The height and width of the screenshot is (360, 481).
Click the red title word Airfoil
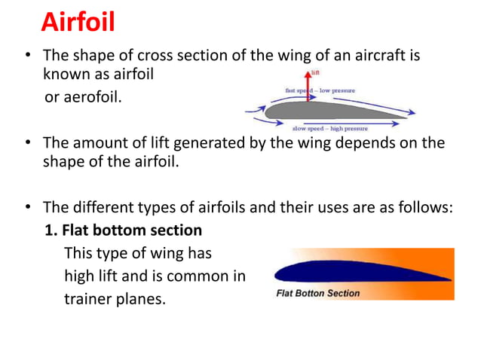[x=78, y=22]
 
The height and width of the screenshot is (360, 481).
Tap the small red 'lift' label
[x=315, y=73]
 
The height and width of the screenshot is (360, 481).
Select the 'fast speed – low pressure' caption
[x=320, y=90]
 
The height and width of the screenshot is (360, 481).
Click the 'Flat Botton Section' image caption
[x=318, y=292]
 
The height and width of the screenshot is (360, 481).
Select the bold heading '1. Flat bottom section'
[x=124, y=230]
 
